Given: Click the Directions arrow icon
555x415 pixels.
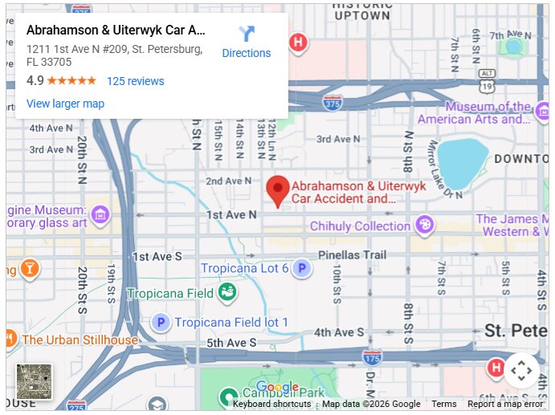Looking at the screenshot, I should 247,34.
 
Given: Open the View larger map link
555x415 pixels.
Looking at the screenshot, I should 65,104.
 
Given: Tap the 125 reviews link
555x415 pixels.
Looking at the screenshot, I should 135,81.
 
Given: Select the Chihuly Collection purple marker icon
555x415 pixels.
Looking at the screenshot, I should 425,226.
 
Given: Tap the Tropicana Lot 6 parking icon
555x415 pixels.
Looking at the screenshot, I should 301,268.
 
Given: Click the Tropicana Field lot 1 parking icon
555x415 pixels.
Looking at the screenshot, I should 161,323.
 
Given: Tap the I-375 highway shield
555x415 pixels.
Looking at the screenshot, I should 333,103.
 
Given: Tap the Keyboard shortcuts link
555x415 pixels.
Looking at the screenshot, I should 271,404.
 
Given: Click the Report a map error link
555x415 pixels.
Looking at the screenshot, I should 506,404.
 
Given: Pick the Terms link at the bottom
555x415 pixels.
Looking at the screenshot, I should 443,404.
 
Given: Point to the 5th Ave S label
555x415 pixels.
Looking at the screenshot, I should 226,343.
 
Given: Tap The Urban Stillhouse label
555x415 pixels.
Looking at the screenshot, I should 80,340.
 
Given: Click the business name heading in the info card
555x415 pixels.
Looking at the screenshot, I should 116,31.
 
